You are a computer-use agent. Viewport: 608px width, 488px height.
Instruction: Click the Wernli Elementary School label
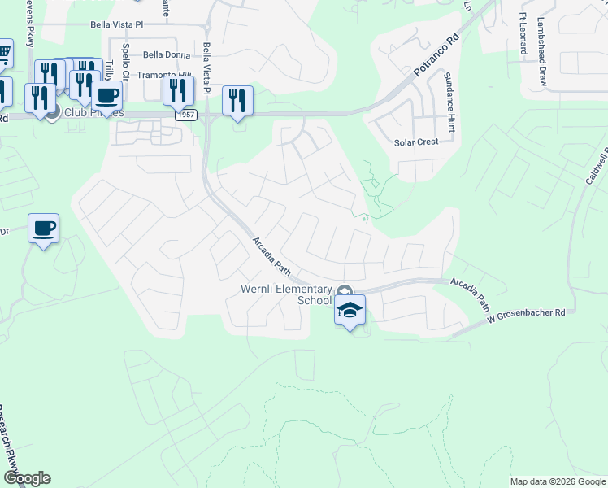tap(286, 294)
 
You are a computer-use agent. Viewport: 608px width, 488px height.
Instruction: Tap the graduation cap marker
tap(350, 310)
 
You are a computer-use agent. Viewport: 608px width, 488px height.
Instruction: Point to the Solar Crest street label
tap(416, 142)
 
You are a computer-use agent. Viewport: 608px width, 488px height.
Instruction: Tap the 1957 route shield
tap(185, 115)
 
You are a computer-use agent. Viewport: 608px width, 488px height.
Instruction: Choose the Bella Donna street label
tap(166, 55)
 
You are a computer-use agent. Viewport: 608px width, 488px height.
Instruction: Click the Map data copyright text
tap(558, 481)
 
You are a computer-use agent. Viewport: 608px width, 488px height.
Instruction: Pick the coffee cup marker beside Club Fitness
tap(106, 95)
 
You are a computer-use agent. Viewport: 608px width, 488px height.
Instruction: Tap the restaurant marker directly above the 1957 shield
tap(177, 91)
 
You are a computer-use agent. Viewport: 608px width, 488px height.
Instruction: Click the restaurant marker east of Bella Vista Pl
tap(237, 101)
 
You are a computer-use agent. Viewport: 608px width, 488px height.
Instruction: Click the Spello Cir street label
tap(125, 57)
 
